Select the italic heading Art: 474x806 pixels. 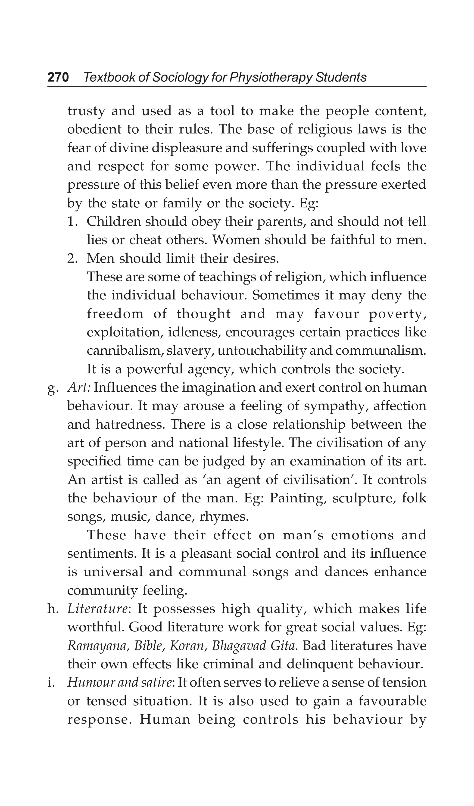(x=79, y=388)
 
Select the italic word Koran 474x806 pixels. (x=188, y=646)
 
